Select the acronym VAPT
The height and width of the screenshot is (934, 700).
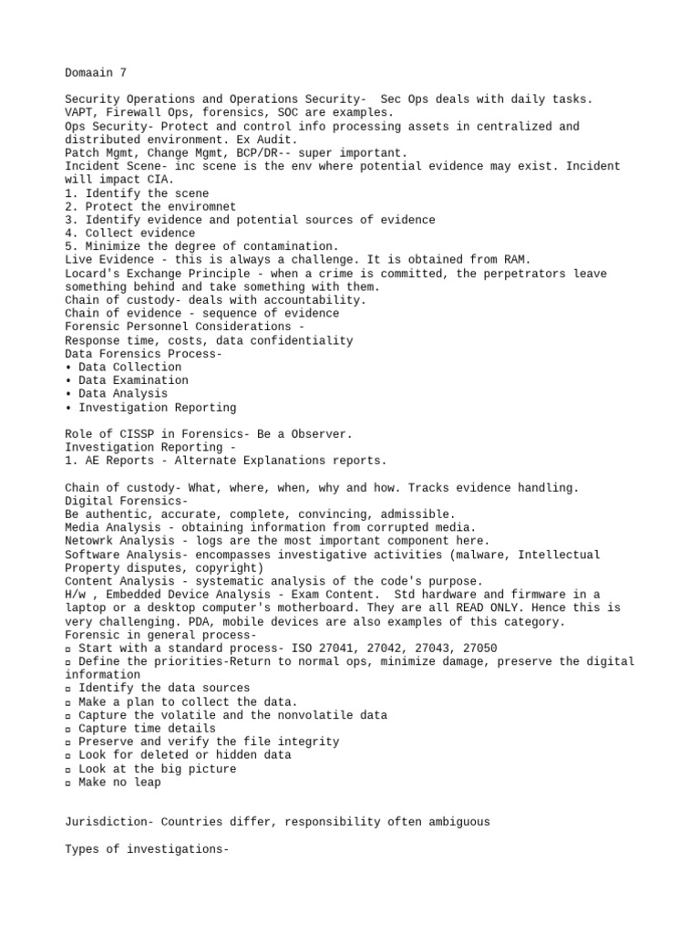78,112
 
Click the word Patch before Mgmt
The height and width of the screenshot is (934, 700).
82,152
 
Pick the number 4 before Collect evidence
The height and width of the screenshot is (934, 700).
68,233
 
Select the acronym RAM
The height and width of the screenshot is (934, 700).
515,260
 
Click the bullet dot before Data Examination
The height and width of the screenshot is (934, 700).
68,380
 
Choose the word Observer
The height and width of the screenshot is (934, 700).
321,434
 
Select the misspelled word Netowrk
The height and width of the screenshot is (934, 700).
88,541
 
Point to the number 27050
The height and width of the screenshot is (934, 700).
480,649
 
